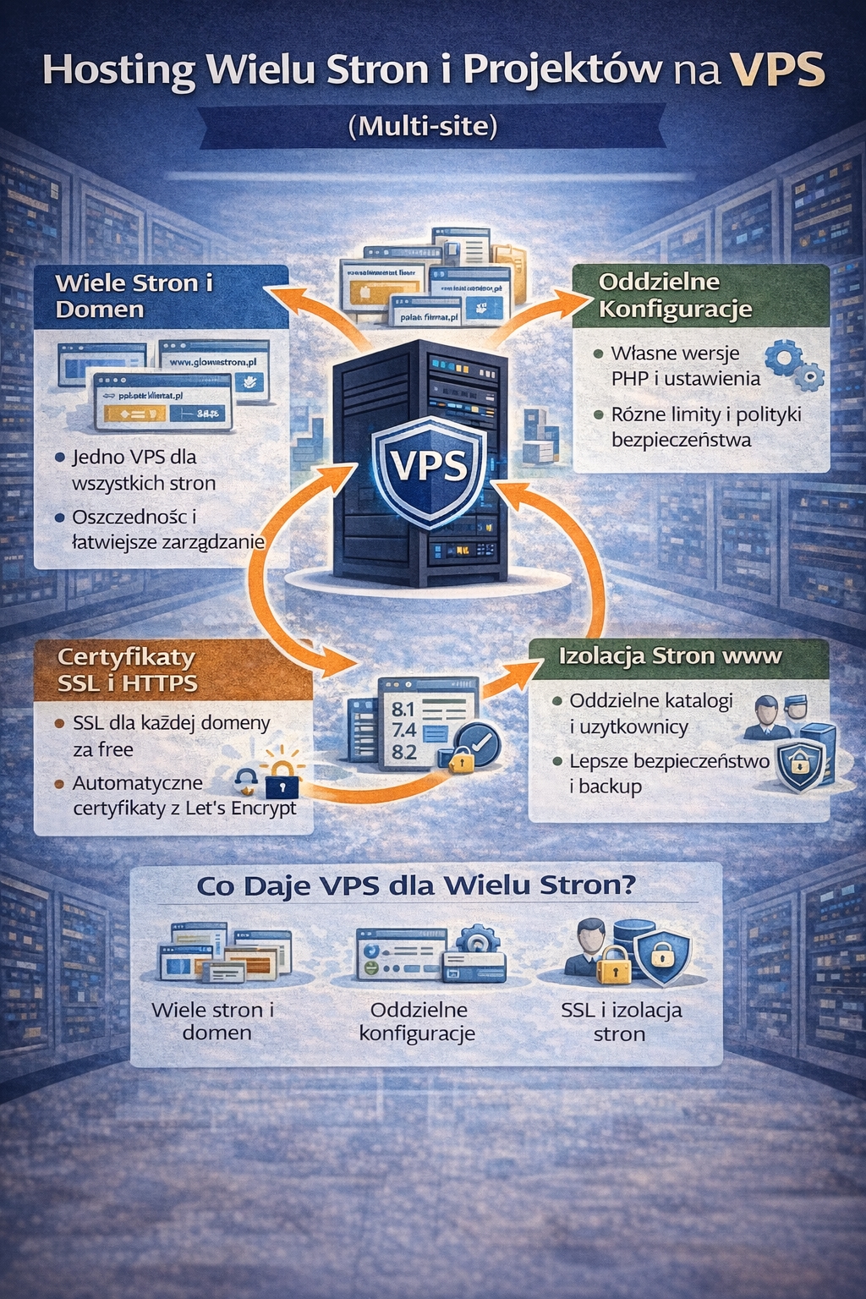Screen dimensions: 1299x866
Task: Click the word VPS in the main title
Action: tap(777, 71)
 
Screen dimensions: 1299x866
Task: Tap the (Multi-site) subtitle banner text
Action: tap(423, 127)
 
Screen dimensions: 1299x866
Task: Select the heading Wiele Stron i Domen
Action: tap(134, 295)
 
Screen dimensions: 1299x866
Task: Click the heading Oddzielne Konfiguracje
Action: tap(674, 295)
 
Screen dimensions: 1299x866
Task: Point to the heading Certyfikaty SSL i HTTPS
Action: tap(127, 669)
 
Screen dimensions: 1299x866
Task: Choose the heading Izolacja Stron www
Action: tap(670, 656)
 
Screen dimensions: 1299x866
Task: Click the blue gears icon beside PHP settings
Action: tap(793, 364)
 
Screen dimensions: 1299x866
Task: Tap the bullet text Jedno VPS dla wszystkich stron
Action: tap(143, 470)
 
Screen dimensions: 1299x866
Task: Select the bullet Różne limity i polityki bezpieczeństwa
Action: tap(705, 427)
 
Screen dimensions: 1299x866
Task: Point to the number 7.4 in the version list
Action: tap(404, 730)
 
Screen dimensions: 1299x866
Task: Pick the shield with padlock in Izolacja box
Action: tap(799, 765)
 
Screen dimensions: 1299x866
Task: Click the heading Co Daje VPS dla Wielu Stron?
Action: tap(416, 885)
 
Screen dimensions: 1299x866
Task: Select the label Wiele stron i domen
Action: tap(214, 1021)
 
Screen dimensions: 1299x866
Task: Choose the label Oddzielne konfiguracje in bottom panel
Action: tap(418, 1021)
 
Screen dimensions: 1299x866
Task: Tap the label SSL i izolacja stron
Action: tap(621, 1022)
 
